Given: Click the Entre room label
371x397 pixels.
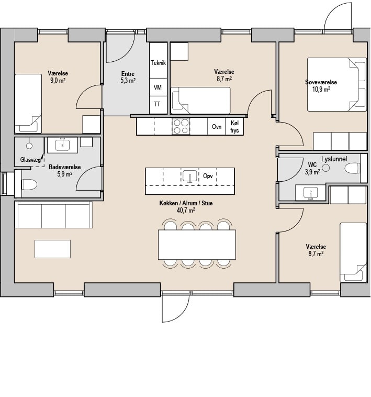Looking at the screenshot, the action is (x=128, y=74).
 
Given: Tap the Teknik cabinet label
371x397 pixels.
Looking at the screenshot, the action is (x=159, y=62).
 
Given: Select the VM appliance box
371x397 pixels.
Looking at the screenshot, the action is (x=159, y=87).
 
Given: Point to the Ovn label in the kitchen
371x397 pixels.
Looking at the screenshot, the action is (x=217, y=127).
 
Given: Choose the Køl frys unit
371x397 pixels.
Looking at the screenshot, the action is (x=234, y=126).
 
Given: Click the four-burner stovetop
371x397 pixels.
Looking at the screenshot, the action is (x=181, y=126).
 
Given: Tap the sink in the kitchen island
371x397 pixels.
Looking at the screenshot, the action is (x=189, y=176).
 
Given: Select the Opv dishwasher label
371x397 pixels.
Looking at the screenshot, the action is (x=208, y=176).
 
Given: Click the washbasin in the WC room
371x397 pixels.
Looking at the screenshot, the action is (x=310, y=193).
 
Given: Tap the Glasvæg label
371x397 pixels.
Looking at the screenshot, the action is (x=30, y=160).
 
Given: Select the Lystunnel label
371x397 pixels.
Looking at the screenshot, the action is (x=334, y=159).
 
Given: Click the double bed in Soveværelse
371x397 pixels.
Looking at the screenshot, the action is (x=337, y=84).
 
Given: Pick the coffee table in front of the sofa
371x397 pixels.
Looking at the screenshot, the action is (x=53, y=249).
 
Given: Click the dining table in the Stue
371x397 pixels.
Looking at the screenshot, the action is (x=197, y=245).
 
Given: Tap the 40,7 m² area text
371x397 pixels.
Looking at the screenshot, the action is (x=186, y=210).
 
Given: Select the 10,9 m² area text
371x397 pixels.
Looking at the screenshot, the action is (x=321, y=90).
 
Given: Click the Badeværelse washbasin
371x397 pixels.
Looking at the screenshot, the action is (x=63, y=145).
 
